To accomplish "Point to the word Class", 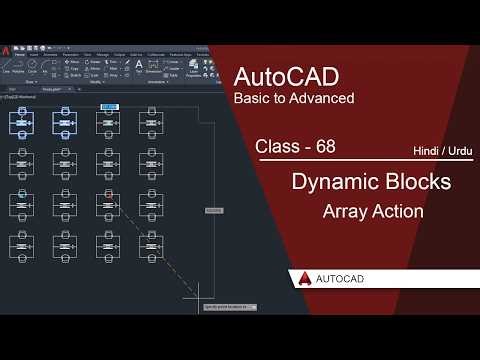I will coord(278,146).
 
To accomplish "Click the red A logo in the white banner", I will coord(302,280).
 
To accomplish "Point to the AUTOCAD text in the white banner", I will coord(344,280).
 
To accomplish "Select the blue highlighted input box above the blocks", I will coord(109,104).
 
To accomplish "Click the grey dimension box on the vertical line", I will coord(213,210).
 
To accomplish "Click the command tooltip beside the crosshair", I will coord(229,307).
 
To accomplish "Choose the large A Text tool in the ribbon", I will coord(139,65).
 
